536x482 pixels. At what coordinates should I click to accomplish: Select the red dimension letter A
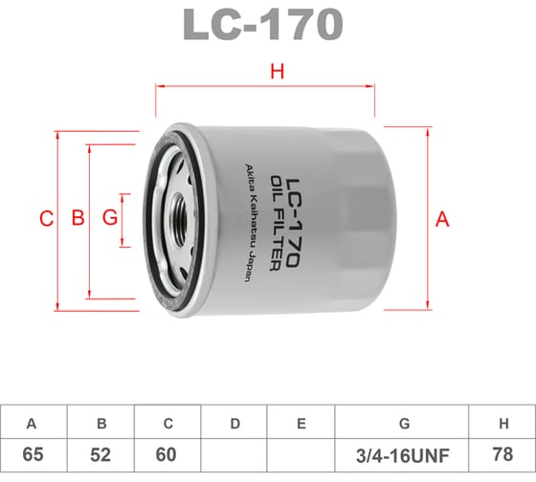pyautogui.click(x=442, y=218)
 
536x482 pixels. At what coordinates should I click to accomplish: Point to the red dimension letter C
pyautogui.click(x=46, y=218)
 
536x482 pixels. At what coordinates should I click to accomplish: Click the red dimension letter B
pyautogui.click(x=78, y=218)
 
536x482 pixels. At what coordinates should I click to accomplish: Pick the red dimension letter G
pyautogui.click(x=110, y=218)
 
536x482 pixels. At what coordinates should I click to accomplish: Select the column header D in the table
pyautogui.click(x=234, y=423)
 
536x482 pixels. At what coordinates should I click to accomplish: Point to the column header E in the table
pyautogui.click(x=301, y=423)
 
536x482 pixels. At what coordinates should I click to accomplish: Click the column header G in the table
pyautogui.click(x=403, y=423)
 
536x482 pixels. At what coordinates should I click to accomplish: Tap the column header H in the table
pyautogui.click(x=502, y=423)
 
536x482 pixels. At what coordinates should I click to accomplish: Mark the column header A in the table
pyautogui.click(x=33, y=423)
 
